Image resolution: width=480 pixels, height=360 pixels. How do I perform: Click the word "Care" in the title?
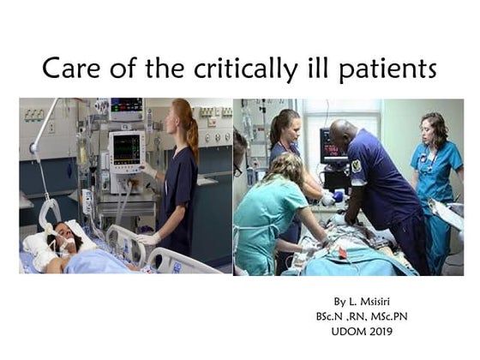click(x=72, y=68)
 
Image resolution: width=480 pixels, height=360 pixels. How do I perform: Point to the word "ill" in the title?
click(x=309, y=68)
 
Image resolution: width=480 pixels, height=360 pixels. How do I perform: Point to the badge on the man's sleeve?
click(x=357, y=165)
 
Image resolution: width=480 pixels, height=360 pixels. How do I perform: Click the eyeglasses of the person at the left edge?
click(x=238, y=169)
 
